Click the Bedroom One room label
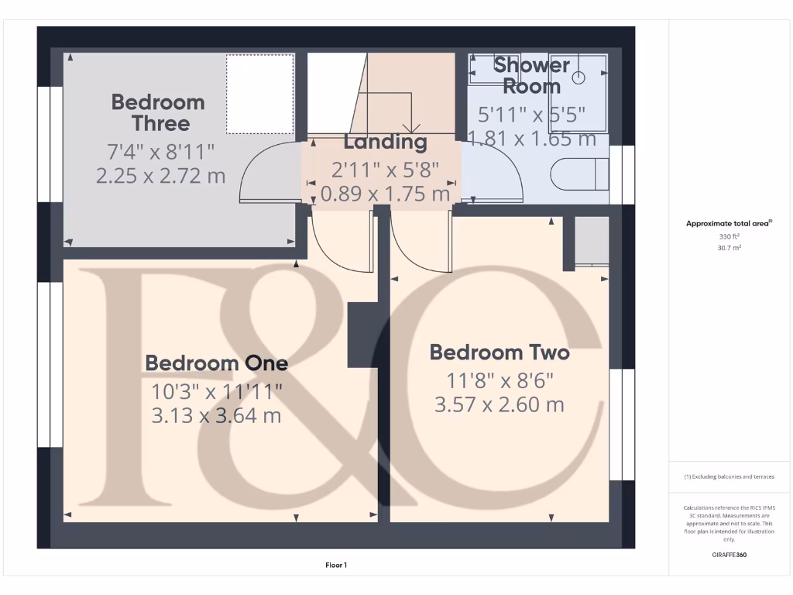click(x=217, y=363)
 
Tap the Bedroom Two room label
click(x=499, y=353)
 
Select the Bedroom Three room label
click(x=158, y=112)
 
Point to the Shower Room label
click(x=532, y=75)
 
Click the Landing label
click(x=385, y=142)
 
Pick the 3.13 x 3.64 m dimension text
click(x=217, y=416)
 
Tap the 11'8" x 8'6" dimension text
click(x=499, y=380)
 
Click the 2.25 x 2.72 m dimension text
click(x=161, y=176)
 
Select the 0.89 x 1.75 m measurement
click(x=385, y=194)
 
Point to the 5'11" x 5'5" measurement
click(x=532, y=115)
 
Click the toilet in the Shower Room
click(x=581, y=174)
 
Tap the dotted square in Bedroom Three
click(x=259, y=94)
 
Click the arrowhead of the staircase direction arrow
click(x=411, y=128)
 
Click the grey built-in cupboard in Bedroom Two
click(x=592, y=242)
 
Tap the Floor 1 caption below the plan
click(x=336, y=566)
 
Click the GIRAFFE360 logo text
click(x=730, y=555)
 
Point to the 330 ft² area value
click(x=730, y=237)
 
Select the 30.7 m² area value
click(x=730, y=248)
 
